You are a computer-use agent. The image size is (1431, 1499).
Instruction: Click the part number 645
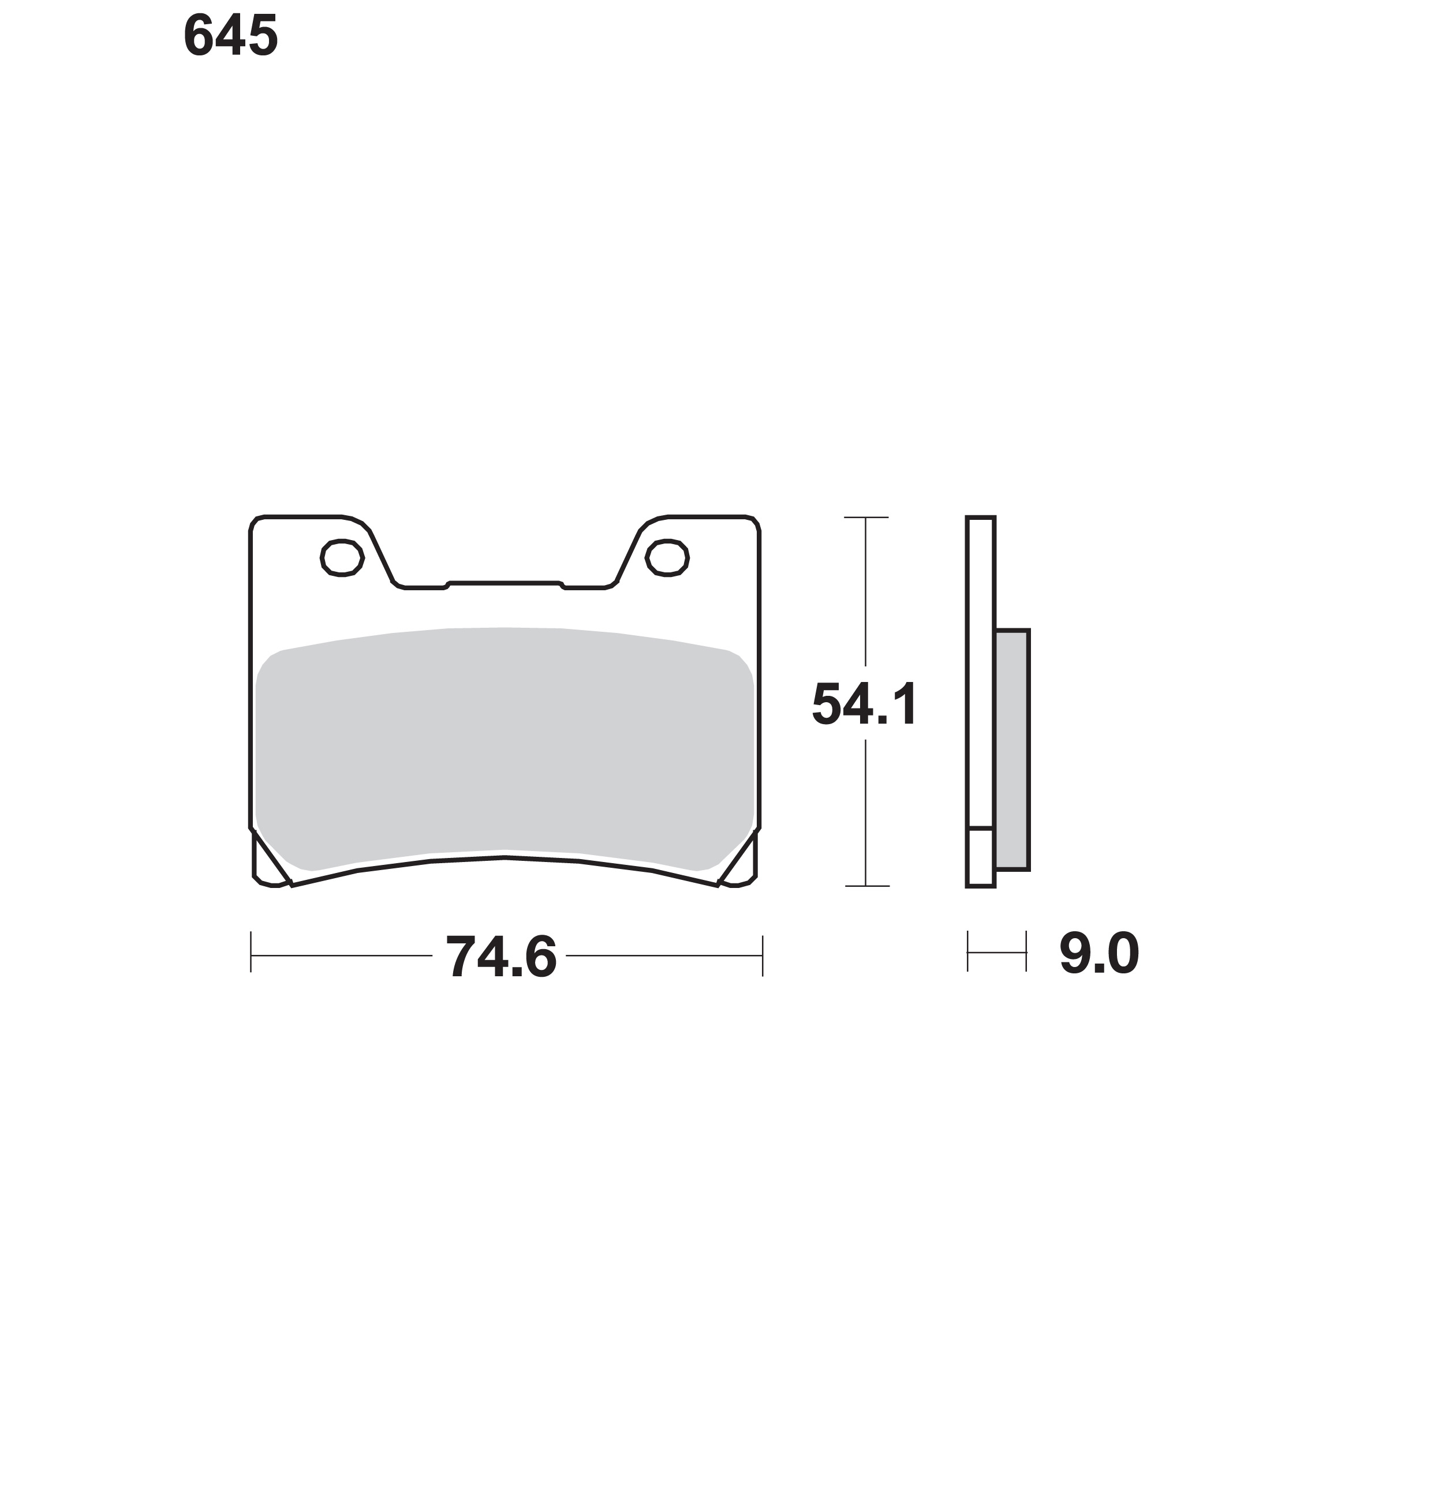tap(230, 36)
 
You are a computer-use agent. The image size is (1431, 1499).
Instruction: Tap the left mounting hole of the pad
tap(342, 557)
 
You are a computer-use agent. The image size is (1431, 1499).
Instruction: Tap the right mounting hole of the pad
tap(667, 557)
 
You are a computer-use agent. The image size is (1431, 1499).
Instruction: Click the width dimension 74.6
tap(501, 957)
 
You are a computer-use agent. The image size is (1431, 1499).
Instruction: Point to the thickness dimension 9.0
tap(1099, 954)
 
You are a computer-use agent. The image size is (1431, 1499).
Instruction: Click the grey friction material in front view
tap(505, 747)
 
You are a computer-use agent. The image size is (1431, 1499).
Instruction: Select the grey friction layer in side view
tap(1012, 749)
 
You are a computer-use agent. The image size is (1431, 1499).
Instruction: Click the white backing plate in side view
tap(980, 672)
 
